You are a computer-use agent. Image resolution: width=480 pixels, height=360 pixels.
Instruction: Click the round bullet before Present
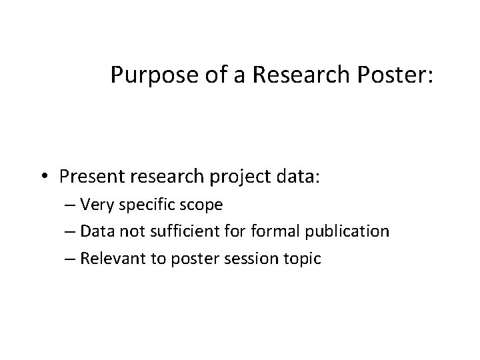(x=43, y=176)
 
